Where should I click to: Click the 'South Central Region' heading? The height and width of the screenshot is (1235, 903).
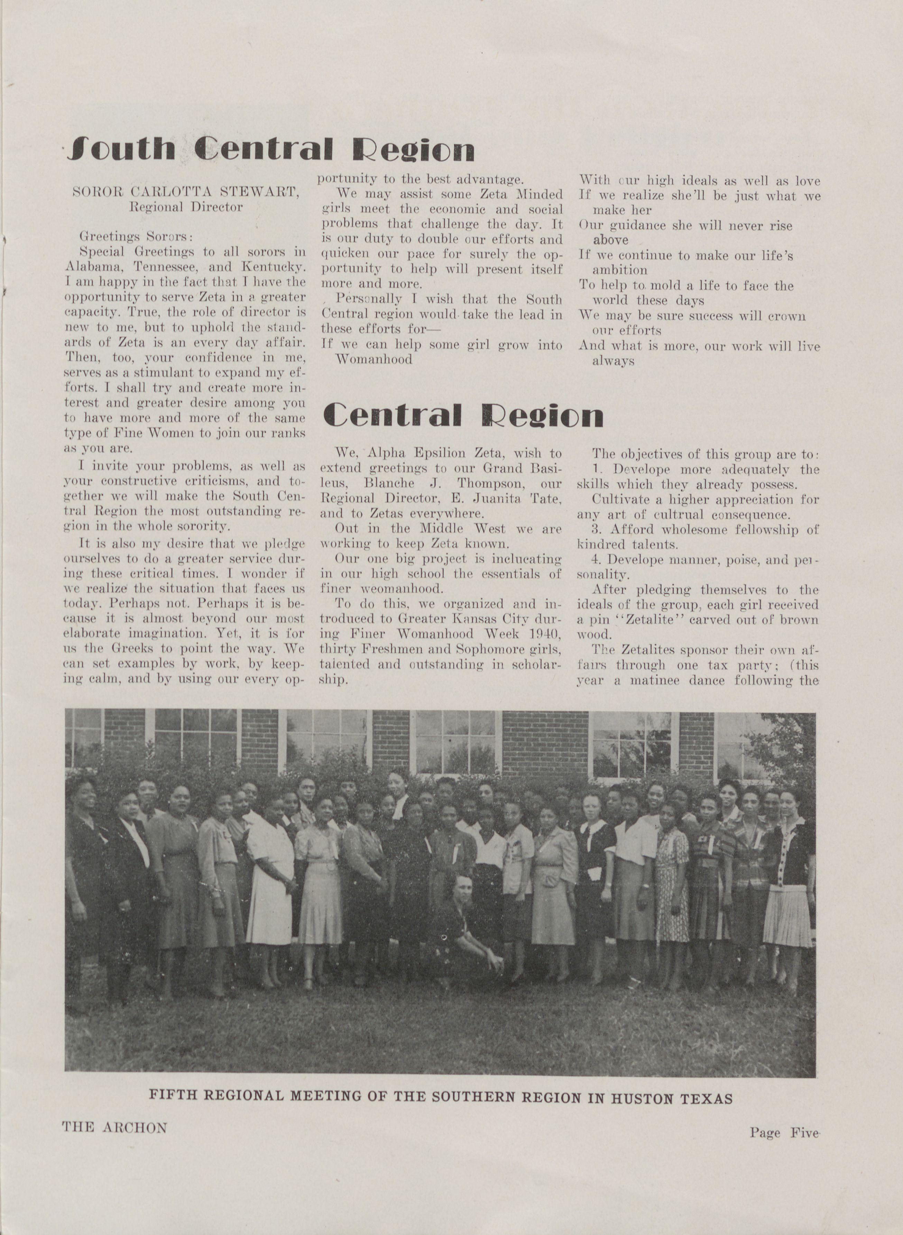pyautogui.click(x=269, y=149)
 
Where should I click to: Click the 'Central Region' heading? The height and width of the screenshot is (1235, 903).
pyautogui.click(x=463, y=415)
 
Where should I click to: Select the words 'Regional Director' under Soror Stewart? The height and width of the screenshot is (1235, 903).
pyautogui.click(x=186, y=207)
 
